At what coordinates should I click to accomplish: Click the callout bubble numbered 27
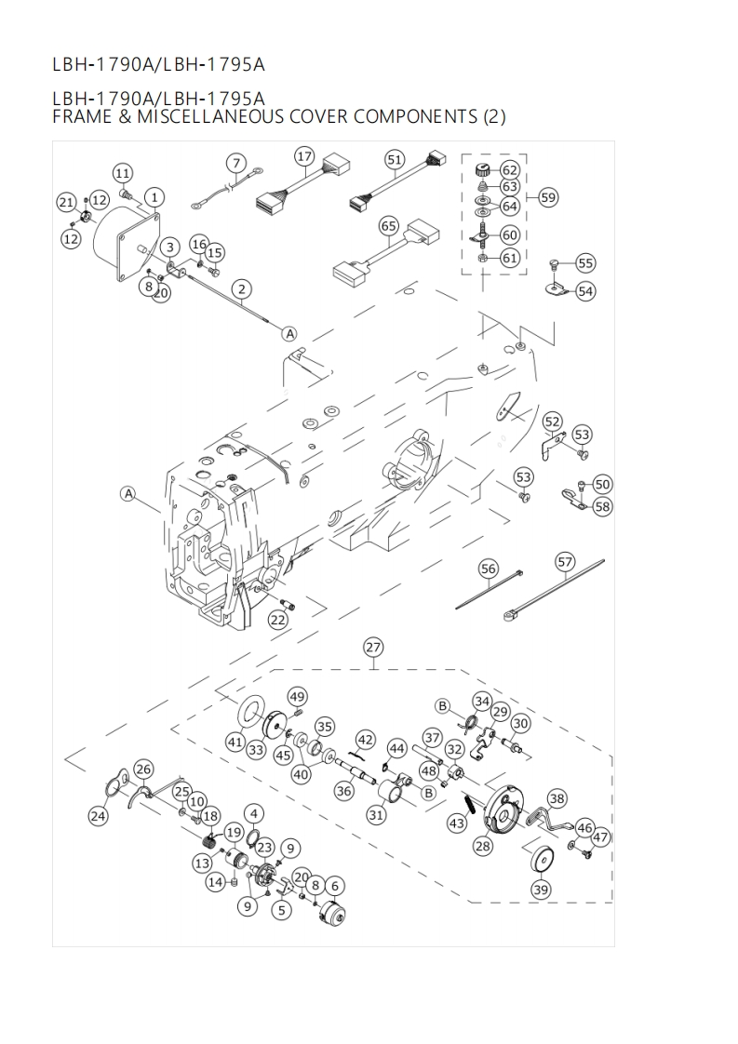373,648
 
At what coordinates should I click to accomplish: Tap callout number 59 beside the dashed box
548,197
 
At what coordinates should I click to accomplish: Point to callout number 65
389,226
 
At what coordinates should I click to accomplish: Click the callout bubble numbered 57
565,561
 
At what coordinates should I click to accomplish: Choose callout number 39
541,890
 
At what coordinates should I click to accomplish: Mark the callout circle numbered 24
98,816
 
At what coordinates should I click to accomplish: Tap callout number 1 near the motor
154,196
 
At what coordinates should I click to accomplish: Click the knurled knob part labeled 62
482,169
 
